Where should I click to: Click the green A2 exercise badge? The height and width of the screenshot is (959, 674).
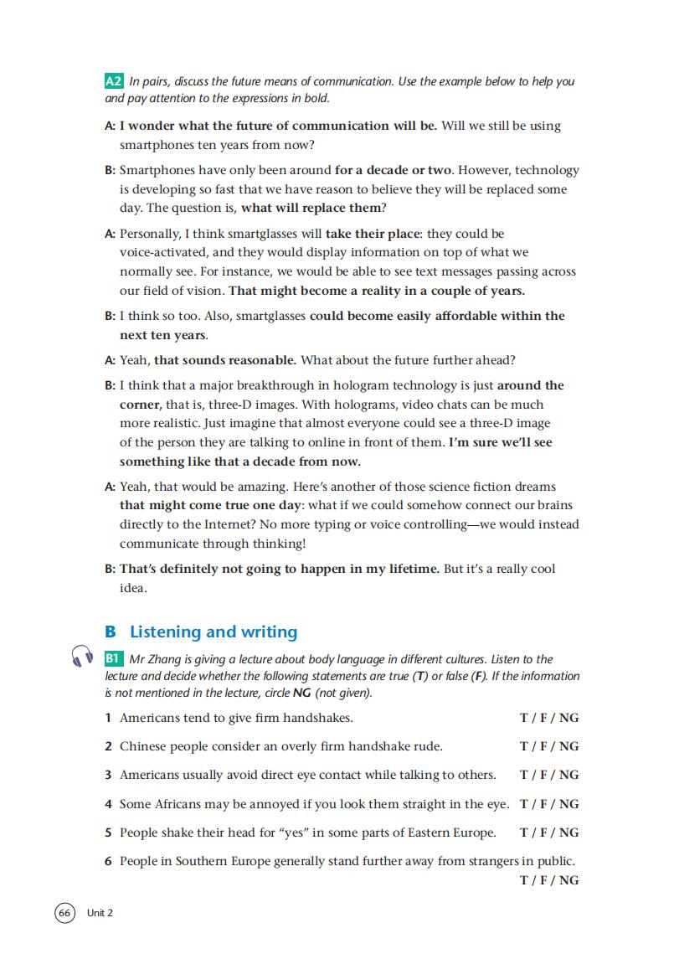[x=115, y=82]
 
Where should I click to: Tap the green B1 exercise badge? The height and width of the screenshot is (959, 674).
[x=115, y=659]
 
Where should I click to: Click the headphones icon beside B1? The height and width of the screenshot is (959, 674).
[x=81, y=657]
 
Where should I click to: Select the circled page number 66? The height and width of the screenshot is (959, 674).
[x=64, y=912]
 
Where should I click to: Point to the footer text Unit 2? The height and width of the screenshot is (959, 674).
[x=100, y=913]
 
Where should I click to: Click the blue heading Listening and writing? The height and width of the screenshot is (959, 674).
[x=214, y=632]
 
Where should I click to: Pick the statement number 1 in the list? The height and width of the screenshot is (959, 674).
[x=108, y=718]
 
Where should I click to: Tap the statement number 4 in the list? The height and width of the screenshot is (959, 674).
[x=108, y=804]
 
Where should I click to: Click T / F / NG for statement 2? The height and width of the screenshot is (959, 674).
[x=549, y=746]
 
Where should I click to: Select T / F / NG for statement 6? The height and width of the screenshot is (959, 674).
[x=549, y=880]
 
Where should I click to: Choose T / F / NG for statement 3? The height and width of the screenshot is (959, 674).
[x=549, y=775]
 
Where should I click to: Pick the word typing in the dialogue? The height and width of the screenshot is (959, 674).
[x=332, y=524]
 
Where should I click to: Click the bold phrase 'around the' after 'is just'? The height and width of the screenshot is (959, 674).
[x=531, y=385]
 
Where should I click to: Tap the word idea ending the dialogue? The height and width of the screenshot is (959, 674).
[x=133, y=588]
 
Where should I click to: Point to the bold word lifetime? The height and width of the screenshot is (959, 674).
[x=408, y=569]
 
